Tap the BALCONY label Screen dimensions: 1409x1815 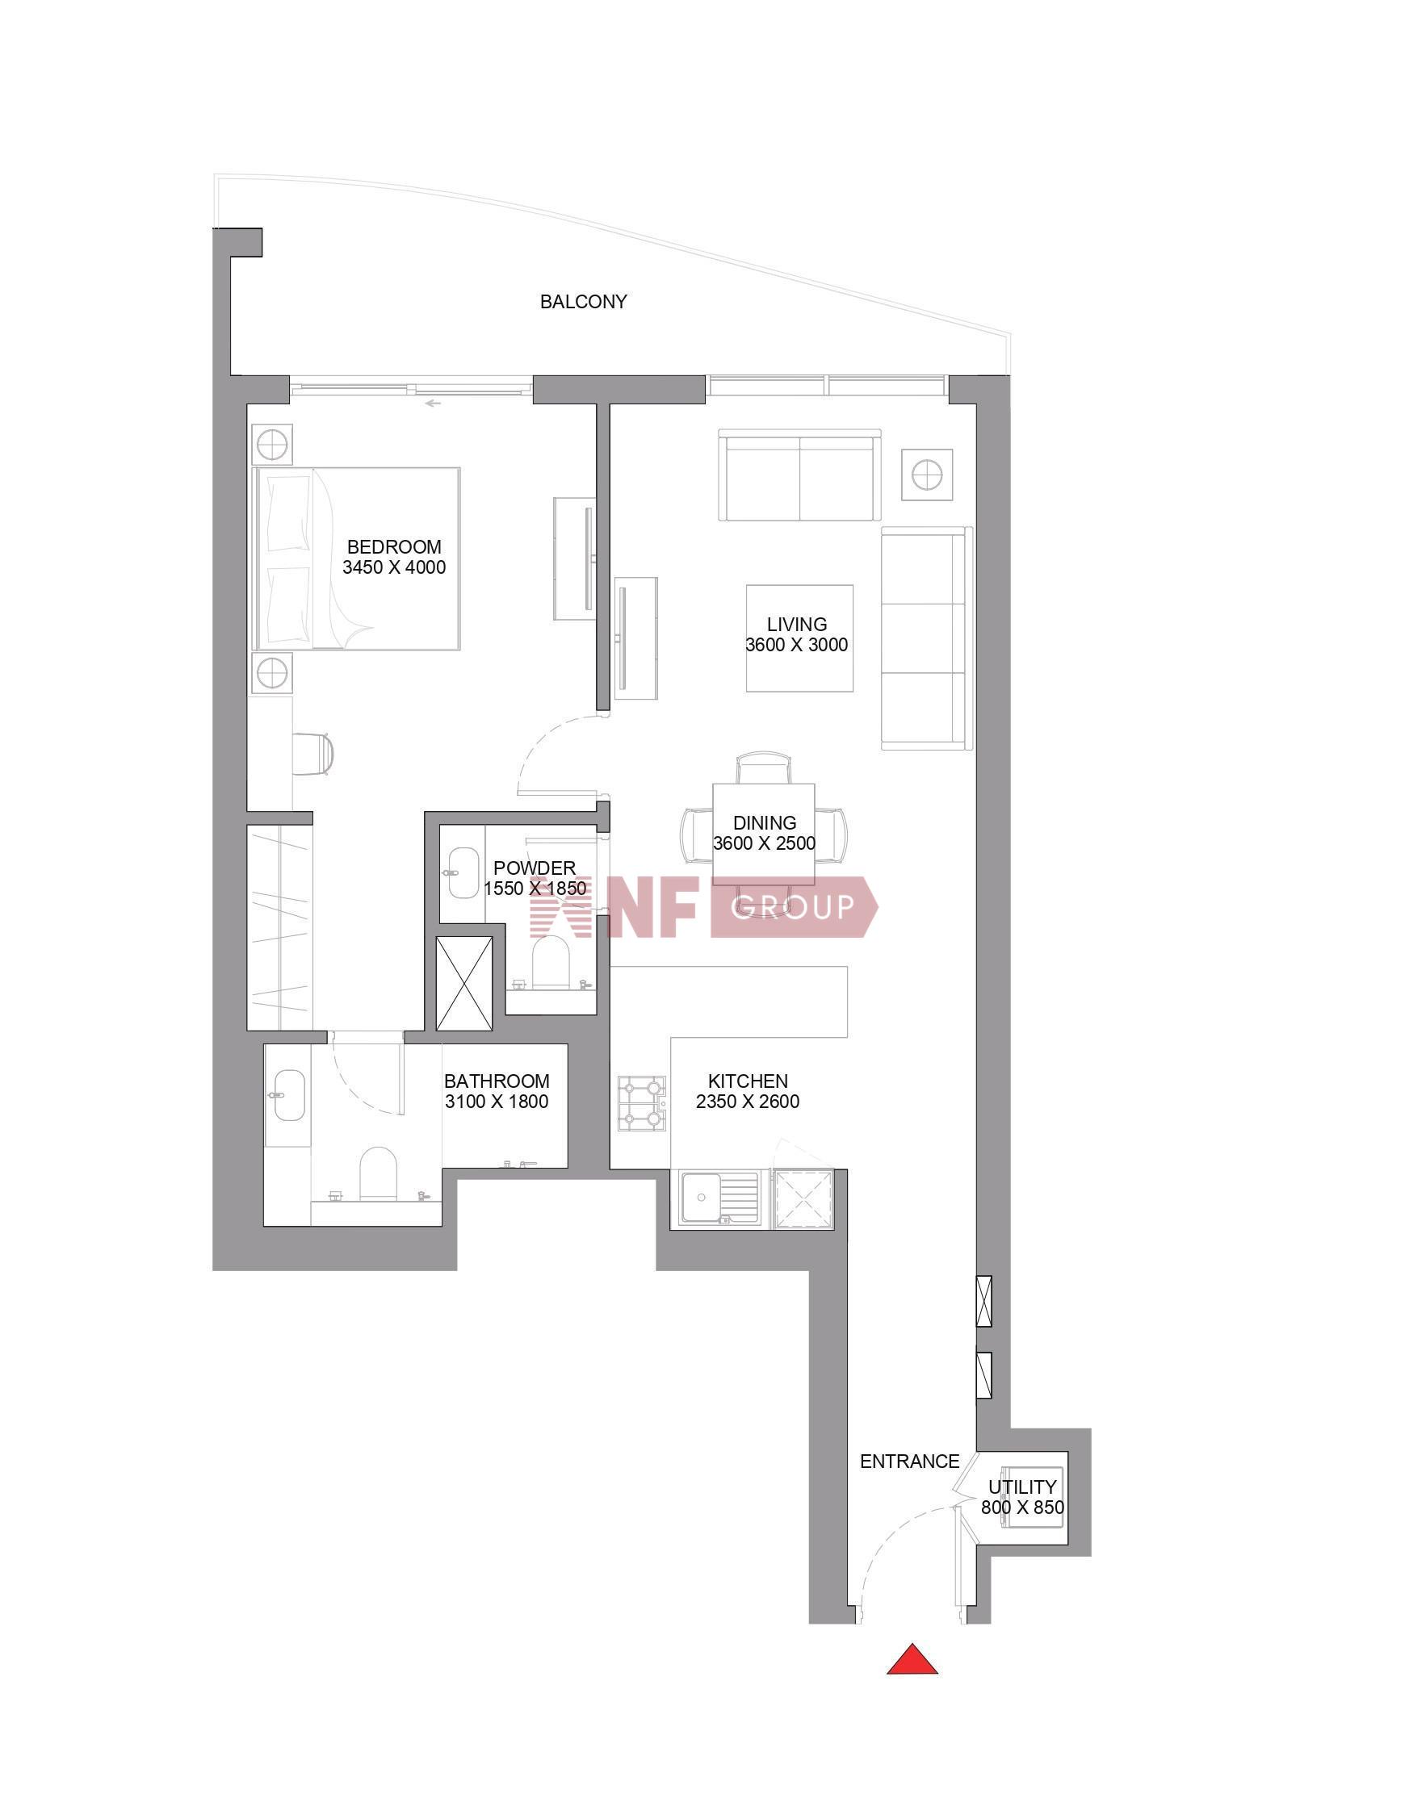point(583,302)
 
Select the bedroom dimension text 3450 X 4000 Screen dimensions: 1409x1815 point(394,567)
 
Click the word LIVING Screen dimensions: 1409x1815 point(796,624)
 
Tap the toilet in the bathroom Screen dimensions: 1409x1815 point(378,1173)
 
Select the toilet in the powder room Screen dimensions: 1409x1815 point(549,962)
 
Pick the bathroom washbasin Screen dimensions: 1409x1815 point(288,1095)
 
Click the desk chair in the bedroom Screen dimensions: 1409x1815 point(313,754)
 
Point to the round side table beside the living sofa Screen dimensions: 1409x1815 point(926,475)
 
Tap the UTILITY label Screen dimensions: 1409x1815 point(1021,1487)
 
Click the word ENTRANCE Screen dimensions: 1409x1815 point(909,1461)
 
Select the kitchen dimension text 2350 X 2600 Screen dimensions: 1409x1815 point(748,1102)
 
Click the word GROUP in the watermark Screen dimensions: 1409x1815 point(792,906)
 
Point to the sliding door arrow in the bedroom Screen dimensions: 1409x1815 point(432,404)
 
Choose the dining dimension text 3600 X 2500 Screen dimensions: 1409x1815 point(764,843)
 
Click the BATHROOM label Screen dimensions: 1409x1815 point(497,1081)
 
